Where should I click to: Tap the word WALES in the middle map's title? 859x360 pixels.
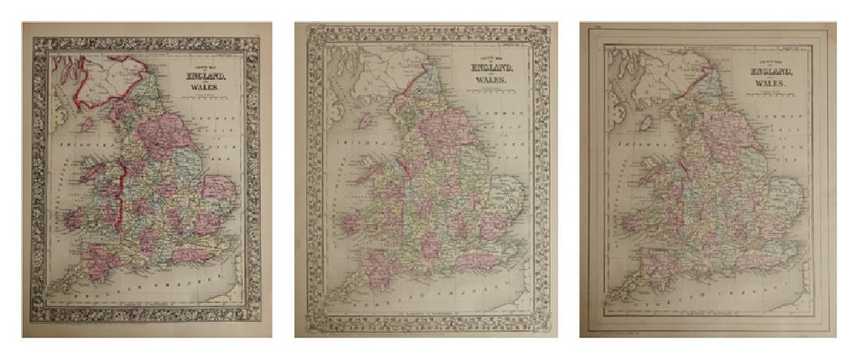tap(493, 79)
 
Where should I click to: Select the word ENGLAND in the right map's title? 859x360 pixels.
tap(771, 72)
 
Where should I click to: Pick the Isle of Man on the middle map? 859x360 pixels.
tap(364, 121)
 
